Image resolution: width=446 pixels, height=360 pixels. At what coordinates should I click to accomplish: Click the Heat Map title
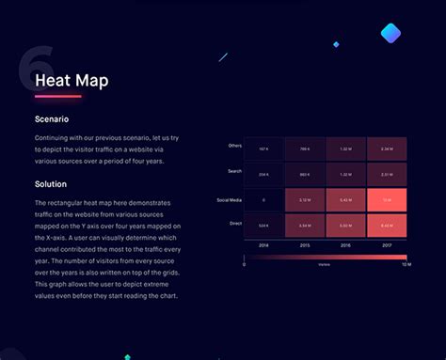(x=72, y=81)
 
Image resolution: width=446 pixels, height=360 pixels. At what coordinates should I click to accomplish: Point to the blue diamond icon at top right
(x=390, y=34)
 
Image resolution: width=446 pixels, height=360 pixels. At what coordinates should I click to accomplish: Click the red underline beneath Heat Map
(x=58, y=96)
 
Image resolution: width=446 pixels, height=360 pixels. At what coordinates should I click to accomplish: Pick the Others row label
(x=234, y=146)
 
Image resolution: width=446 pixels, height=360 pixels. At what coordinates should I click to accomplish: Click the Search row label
(x=234, y=171)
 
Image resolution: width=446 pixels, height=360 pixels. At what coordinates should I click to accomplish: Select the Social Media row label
(x=229, y=199)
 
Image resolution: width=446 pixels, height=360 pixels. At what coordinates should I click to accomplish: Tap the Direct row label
(x=234, y=224)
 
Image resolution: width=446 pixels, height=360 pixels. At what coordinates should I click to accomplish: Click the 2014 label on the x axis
(x=263, y=244)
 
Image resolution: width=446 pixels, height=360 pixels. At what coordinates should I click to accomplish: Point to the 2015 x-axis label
(x=305, y=244)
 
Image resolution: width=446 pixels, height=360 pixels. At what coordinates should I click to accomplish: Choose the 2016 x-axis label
(x=346, y=244)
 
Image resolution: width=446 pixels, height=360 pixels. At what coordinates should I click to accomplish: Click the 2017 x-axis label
(x=387, y=244)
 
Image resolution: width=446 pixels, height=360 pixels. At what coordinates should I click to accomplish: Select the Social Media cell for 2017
(x=387, y=200)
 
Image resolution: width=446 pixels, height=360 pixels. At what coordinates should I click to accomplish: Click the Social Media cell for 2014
(x=263, y=200)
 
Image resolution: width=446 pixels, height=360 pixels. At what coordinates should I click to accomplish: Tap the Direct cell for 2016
(x=346, y=226)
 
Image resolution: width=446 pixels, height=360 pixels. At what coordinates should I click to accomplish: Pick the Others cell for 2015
(x=305, y=149)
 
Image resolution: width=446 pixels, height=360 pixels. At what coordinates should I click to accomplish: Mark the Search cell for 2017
(x=387, y=174)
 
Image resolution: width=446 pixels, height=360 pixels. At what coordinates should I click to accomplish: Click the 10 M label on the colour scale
(x=405, y=265)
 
